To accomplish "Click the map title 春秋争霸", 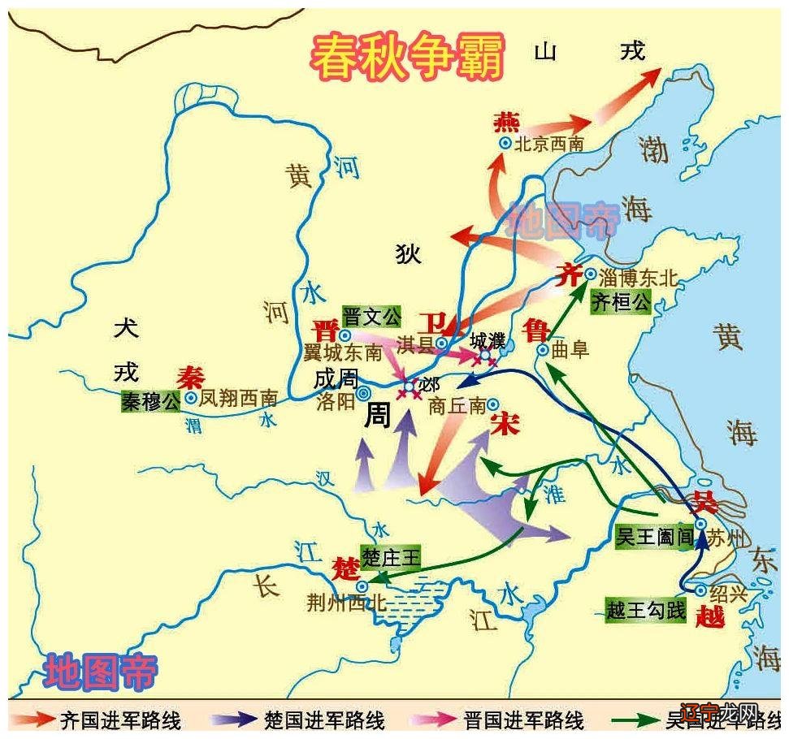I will [409, 56].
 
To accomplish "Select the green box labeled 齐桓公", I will [621, 303].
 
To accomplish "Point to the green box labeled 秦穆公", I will [150, 400].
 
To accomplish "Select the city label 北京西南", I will [549, 144].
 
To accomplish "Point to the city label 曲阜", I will [570, 350].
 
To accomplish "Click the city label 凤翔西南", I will [239, 399].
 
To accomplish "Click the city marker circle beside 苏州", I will [699, 524].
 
